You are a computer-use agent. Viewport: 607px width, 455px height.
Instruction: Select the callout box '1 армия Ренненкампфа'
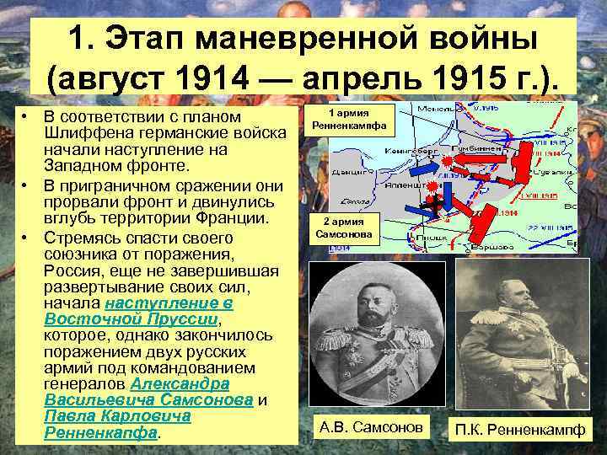point(349,120)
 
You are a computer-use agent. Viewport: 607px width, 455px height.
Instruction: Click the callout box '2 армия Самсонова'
point(349,228)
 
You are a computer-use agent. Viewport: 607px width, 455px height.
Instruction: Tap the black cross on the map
point(435,203)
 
